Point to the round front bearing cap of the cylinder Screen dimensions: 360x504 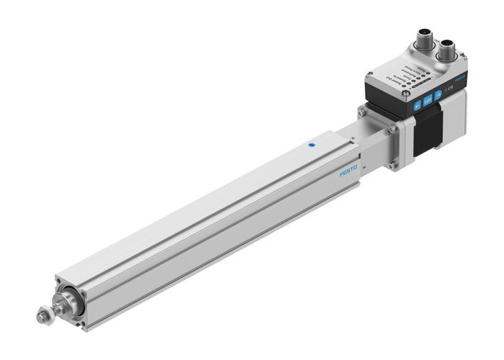coord(68,300)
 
